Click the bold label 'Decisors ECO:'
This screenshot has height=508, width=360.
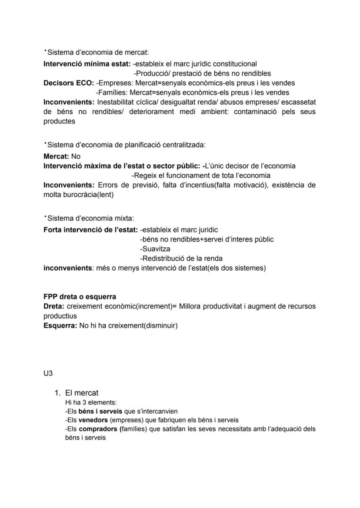(x=69, y=83)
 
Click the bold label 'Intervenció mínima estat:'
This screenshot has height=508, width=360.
(x=87, y=64)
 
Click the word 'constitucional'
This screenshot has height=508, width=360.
(x=235, y=64)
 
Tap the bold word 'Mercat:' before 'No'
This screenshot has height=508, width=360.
(x=56, y=156)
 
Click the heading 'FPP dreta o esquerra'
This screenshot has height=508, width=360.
(x=80, y=297)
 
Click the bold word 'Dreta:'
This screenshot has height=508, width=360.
(x=54, y=306)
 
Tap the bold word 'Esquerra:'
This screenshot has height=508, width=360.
(x=60, y=325)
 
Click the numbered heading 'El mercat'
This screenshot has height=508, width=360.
(x=82, y=393)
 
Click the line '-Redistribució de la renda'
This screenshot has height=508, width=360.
(x=181, y=259)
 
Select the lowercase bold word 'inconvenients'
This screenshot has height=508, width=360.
(x=67, y=268)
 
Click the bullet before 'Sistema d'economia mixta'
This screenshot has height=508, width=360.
(x=45, y=216)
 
